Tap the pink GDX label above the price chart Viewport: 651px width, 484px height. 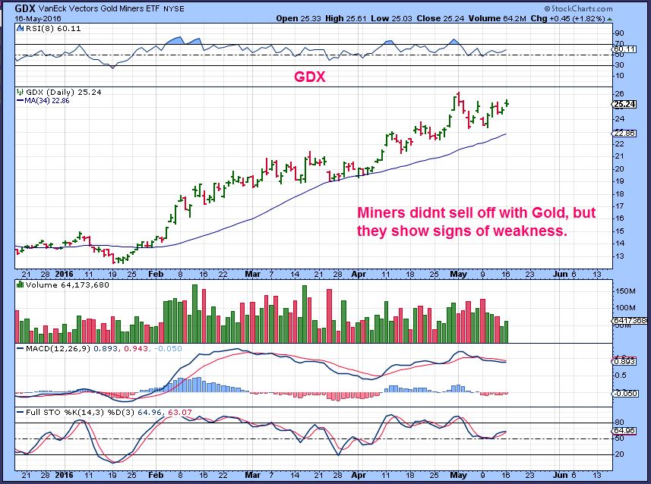[x=309, y=77]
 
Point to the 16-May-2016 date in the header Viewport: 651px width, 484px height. [x=28, y=18]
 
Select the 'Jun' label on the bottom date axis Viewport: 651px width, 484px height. [x=558, y=271]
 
